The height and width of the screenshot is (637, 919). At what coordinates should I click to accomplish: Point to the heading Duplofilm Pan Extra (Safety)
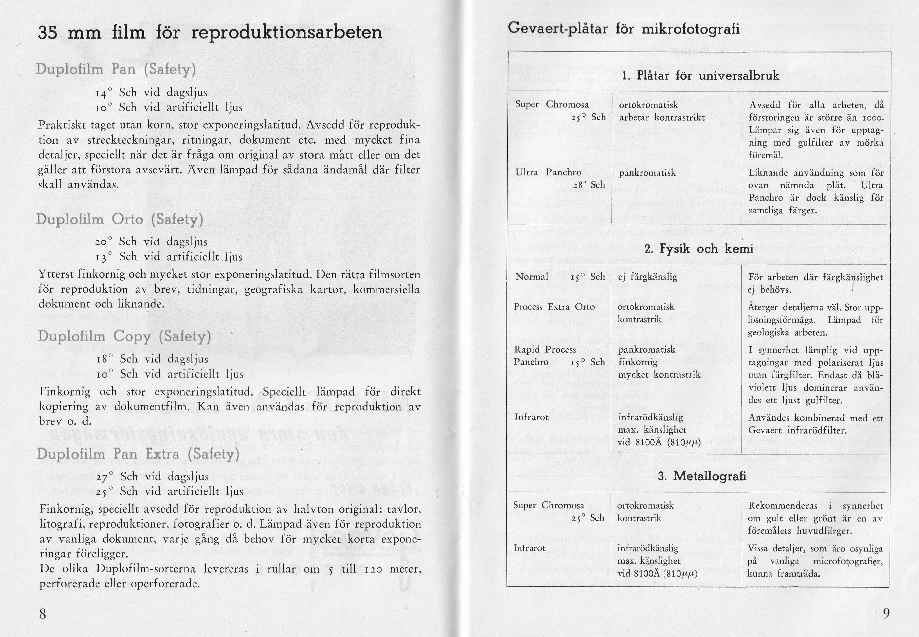(x=138, y=454)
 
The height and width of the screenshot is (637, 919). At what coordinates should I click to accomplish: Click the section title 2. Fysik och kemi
(x=699, y=249)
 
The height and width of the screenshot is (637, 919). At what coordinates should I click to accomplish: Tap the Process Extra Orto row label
(x=554, y=307)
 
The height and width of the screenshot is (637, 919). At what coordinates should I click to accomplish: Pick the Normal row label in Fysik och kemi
(x=531, y=277)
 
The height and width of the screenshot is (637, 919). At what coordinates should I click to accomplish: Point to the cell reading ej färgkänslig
(x=648, y=277)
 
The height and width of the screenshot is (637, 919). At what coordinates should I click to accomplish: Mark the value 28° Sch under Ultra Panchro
(x=589, y=185)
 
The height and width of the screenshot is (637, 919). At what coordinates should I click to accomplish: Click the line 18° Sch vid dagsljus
(x=152, y=359)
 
